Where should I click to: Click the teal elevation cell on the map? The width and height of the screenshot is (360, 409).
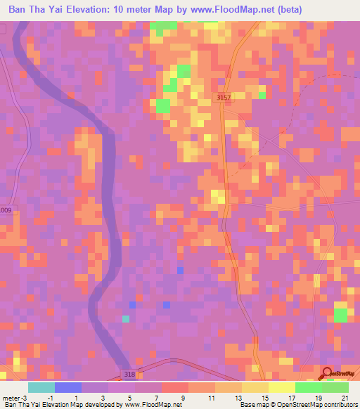(126, 319)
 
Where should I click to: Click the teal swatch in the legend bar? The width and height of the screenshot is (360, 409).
(41, 387)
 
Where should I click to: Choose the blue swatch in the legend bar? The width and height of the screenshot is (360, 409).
(68, 387)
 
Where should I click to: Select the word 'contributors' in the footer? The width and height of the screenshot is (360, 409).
(338, 405)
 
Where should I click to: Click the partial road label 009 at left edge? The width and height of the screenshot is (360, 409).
(6, 210)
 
